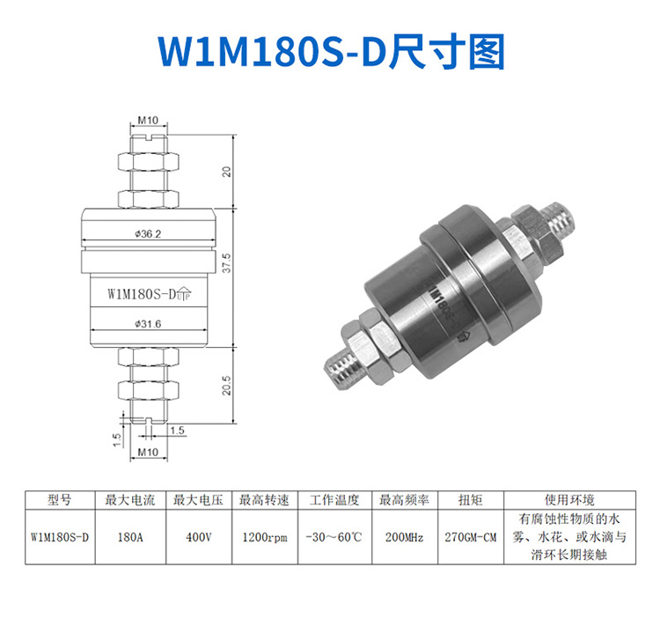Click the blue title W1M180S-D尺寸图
tap(331, 52)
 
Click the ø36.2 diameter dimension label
tap(148, 234)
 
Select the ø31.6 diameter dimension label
tap(148, 324)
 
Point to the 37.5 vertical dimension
tap(226, 263)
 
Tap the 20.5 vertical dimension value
tap(226, 385)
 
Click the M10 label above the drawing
tap(148, 120)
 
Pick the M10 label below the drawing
tap(148, 452)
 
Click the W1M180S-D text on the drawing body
tap(142, 293)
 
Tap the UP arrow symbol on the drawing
tap(184, 293)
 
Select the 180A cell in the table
tap(130, 537)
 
